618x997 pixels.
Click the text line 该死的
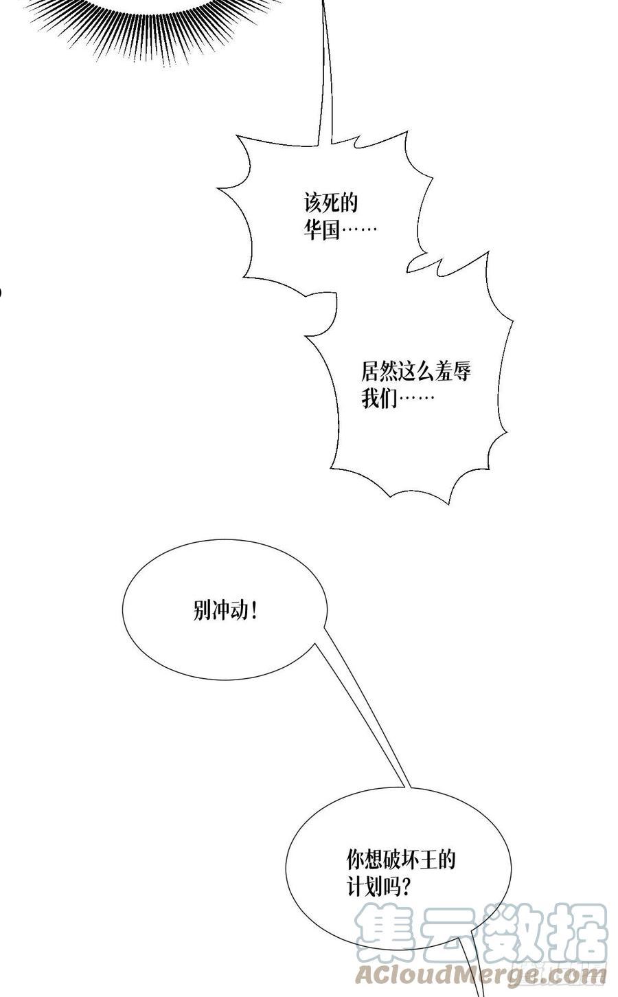click(x=330, y=203)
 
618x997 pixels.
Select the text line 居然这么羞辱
click(x=416, y=371)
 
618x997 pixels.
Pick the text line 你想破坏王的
click(x=401, y=860)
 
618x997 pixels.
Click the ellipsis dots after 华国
click(x=358, y=229)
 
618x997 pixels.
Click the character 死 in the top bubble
click(x=330, y=203)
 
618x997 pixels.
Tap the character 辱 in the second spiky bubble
click(x=462, y=371)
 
